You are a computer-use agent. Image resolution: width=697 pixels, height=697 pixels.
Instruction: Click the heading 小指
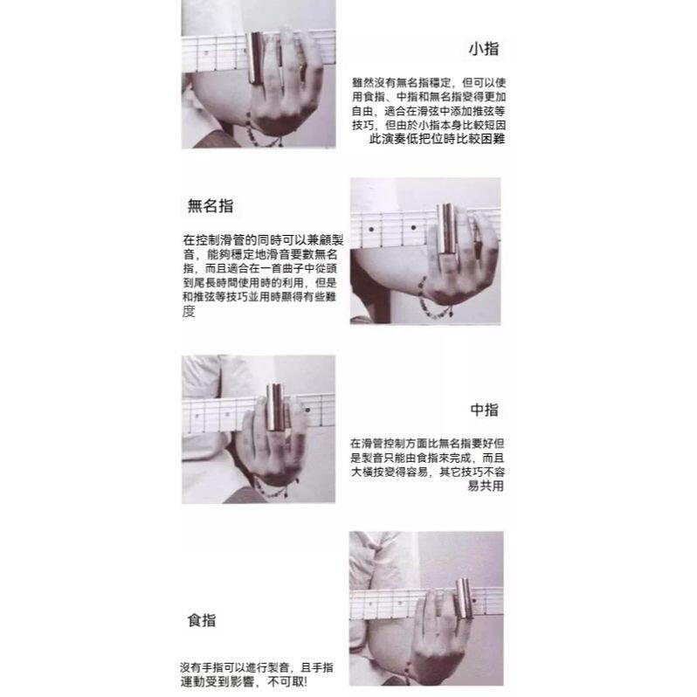484,48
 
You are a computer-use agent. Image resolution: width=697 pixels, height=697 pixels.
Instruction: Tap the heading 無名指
210,206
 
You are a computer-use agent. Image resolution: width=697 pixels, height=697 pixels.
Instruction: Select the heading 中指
484,410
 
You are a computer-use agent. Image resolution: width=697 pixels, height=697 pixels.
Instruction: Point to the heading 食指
202,620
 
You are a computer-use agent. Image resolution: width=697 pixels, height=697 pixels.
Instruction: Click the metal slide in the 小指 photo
256,58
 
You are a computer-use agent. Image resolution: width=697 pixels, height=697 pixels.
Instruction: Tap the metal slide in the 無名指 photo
445,230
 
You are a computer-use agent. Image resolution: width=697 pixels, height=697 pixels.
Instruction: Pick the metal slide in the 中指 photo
276,408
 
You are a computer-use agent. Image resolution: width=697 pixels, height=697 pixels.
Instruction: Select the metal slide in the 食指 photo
464,598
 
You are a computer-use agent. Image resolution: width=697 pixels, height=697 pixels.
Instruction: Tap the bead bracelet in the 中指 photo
276,489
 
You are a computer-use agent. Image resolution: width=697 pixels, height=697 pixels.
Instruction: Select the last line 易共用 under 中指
486,486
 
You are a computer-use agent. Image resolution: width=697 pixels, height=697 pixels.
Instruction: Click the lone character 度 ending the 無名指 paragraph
189,311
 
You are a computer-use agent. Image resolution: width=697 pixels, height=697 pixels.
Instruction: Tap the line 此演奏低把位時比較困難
437,139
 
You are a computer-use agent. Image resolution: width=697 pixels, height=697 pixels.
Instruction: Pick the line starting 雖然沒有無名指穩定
429,83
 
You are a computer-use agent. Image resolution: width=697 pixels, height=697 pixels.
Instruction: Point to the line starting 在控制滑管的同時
263,240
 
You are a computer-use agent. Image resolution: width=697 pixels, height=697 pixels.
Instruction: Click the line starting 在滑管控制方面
427,443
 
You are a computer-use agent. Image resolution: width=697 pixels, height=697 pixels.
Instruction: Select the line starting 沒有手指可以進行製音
257,667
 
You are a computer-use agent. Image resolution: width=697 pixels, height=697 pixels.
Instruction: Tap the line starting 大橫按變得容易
428,472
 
